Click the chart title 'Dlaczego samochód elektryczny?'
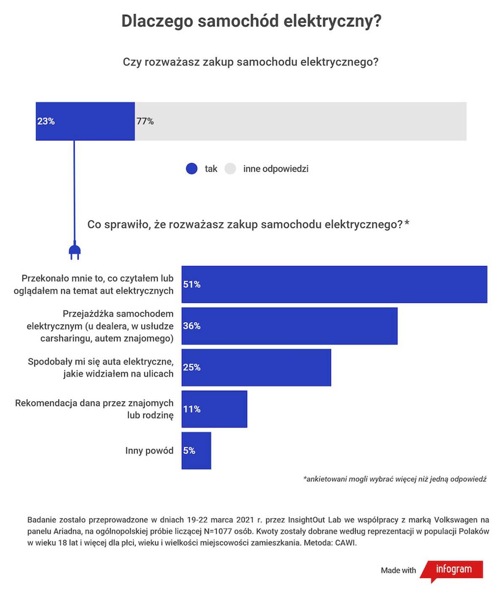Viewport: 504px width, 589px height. click(x=251, y=21)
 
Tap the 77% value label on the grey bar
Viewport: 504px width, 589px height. click(x=145, y=121)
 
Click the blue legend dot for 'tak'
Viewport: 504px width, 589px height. click(x=192, y=169)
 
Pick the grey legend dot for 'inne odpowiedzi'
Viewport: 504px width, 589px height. click(x=230, y=169)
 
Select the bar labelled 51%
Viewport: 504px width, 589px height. click(x=334, y=284)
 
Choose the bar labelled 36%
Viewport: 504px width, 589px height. click(x=289, y=326)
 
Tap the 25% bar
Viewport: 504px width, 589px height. click(x=256, y=367)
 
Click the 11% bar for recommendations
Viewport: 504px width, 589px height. click(x=214, y=409)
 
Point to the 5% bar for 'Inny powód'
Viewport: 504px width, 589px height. click(x=196, y=451)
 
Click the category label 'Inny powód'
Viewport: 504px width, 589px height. click(x=149, y=451)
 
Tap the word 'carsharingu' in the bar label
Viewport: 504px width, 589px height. click(x=65, y=338)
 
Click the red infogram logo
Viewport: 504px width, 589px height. click(x=453, y=570)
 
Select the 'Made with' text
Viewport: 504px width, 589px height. click(x=398, y=570)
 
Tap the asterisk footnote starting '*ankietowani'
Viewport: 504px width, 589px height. click(x=395, y=479)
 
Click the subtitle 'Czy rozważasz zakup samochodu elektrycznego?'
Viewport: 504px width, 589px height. click(x=251, y=62)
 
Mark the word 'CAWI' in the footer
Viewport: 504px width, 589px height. click(x=345, y=543)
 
